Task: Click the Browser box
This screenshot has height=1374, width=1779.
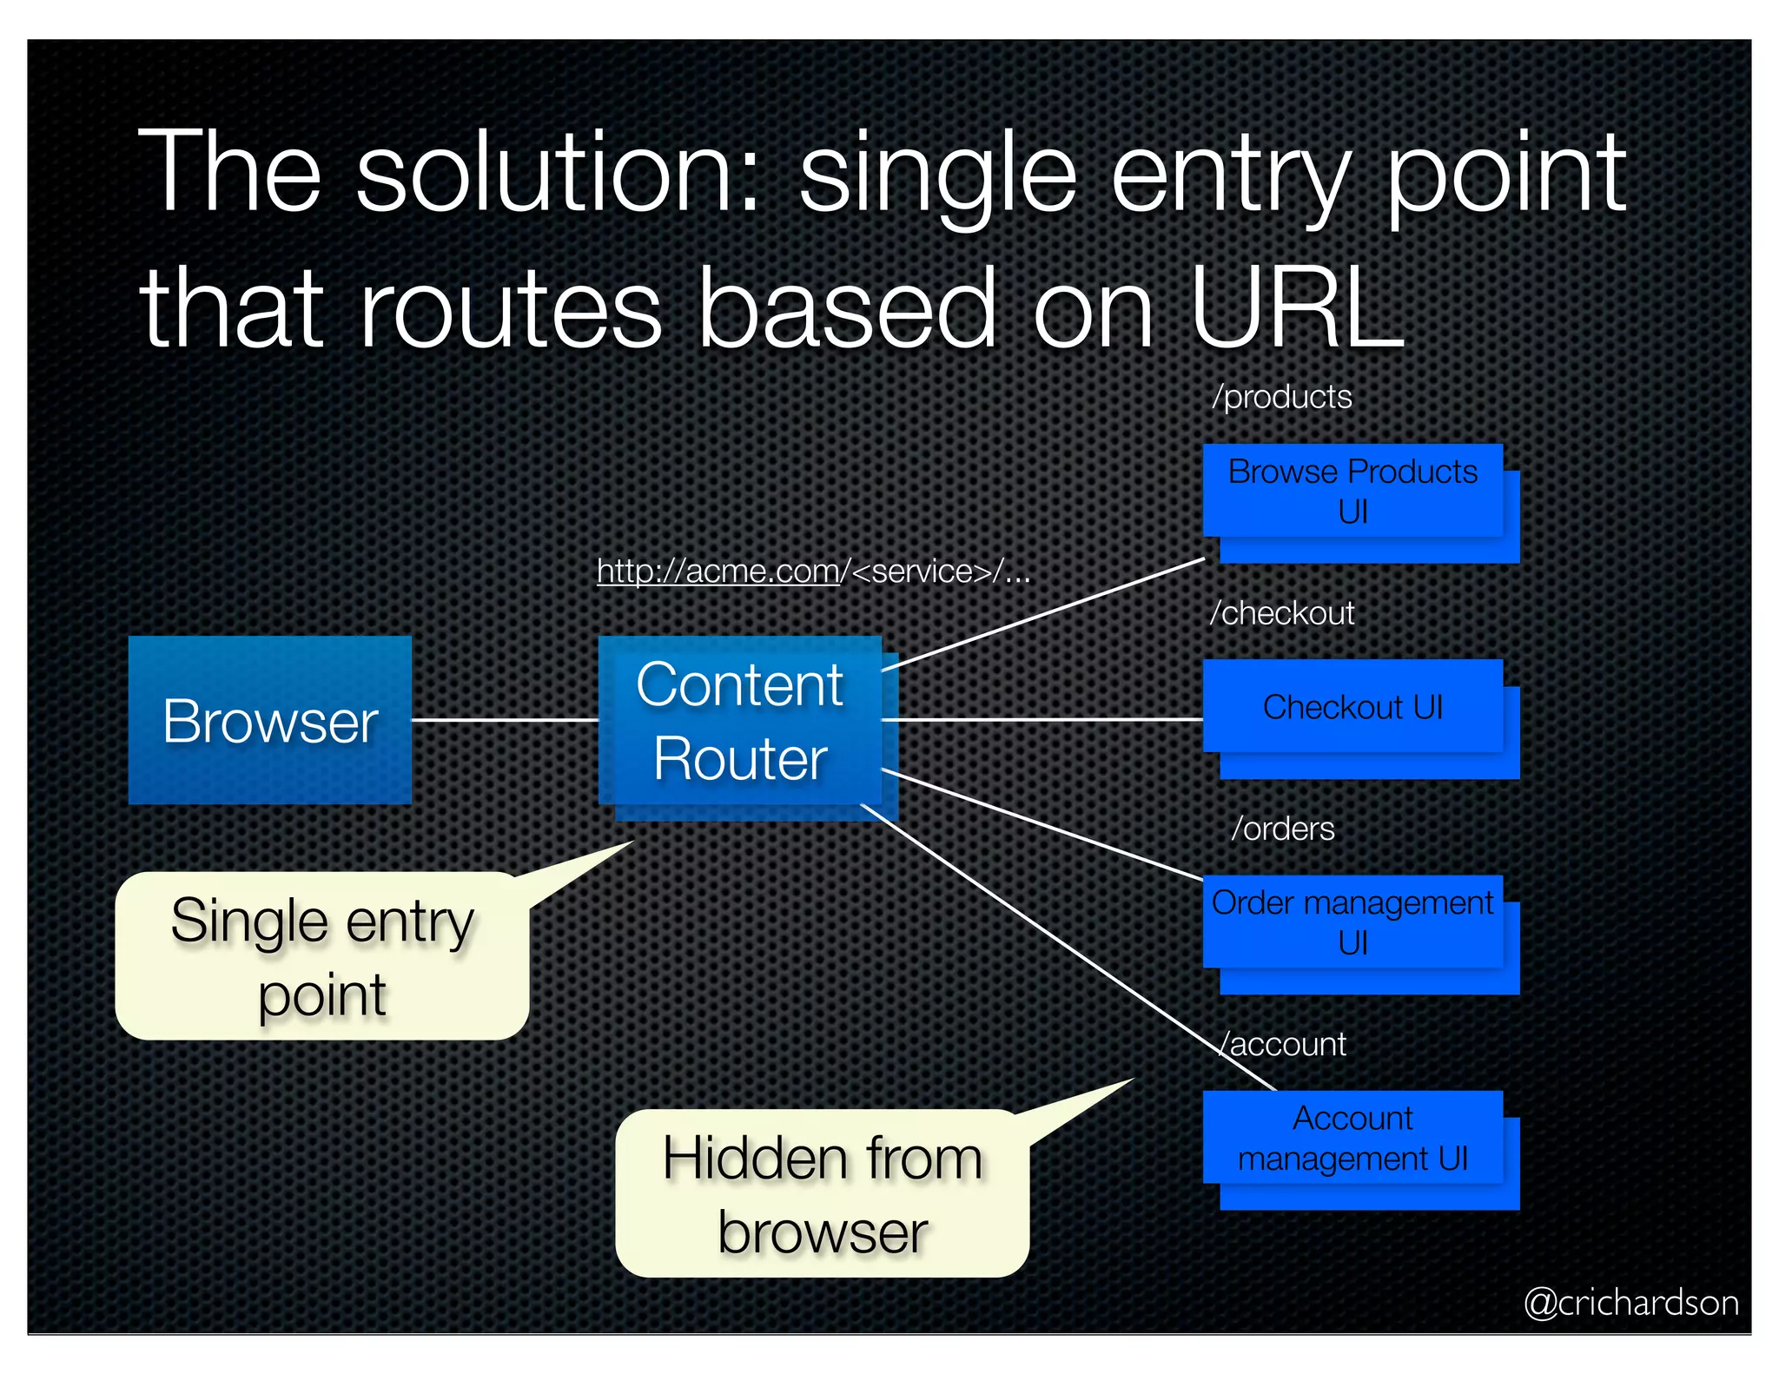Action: tap(269, 720)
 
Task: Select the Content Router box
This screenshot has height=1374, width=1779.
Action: tap(739, 720)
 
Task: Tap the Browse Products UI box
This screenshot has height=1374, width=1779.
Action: tap(1352, 491)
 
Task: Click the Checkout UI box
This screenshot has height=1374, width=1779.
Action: tap(1352, 706)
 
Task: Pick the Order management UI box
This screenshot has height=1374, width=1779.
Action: tap(1352, 922)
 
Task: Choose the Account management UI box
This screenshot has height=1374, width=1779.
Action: tap(1352, 1137)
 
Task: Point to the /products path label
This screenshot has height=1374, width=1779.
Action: tap(1282, 397)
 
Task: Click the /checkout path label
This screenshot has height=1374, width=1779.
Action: tap(1282, 613)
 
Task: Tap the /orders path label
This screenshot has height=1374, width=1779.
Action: tap(1283, 829)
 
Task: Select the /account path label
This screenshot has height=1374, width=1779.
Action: tap(1284, 1044)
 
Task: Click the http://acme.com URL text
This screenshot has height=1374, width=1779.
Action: tap(718, 571)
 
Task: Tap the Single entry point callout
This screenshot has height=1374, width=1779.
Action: tap(321, 956)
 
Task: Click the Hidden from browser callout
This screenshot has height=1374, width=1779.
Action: tap(822, 1193)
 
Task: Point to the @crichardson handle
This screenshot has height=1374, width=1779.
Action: tap(1630, 1303)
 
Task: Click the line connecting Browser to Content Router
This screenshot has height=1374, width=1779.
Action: tap(505, 720)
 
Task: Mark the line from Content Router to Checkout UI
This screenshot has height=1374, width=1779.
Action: tap(1042, 720)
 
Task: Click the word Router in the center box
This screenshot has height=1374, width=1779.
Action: tap(740, 759)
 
